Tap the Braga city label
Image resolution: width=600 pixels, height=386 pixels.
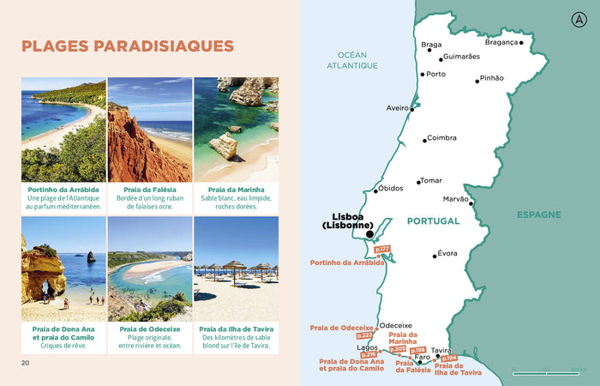[x=431, y=45]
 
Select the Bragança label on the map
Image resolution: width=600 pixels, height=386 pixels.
[x=501, y=42]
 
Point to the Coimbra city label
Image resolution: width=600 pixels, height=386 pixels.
[x=442, y=137]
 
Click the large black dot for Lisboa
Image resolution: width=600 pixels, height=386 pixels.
[x=369, y=233]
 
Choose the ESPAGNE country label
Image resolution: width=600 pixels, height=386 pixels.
[x=539, y=214]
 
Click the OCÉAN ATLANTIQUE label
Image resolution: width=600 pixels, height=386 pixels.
[x=357, y=59]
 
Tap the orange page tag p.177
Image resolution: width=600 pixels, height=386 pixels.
[x=382, y=250]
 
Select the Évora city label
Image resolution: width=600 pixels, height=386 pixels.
[x=447, y=254]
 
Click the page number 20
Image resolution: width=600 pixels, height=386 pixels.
[x=26, y=362]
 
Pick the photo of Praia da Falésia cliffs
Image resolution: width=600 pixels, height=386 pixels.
[x=150, y=130]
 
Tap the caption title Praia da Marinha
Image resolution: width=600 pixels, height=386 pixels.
[x=236, y=189]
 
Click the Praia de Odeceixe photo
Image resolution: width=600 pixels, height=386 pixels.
[x=150, y=268]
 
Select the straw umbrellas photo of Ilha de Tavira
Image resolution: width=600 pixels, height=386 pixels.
[x=236, y=268]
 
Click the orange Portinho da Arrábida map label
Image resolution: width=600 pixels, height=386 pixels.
[x=347, y=262]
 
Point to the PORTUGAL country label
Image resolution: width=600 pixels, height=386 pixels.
[x=433, y=220]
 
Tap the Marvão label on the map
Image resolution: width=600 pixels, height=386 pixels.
[x=455, y=199]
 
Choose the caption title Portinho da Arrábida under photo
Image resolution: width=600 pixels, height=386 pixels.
[x=63, y=189]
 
